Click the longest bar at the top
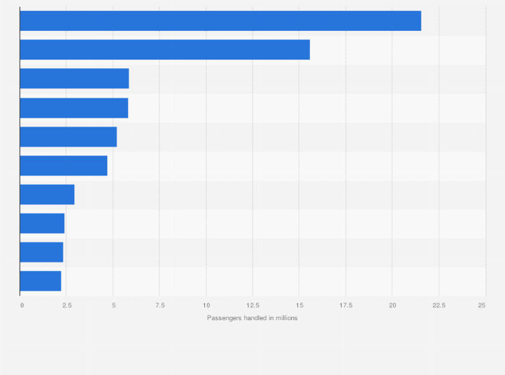(x=220, y=21)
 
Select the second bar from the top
(x=165, y=50)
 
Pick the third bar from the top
(x=74, y=78)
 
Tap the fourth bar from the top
(x=74, y=108)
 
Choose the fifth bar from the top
(x=68, y=137)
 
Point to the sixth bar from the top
(x=64, y=165)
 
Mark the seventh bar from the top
(x=47, y=194)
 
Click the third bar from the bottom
(x=42, y=223)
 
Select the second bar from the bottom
(x=42, y=252)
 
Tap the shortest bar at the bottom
(x=40, y=281)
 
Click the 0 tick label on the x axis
(x=22, y=305)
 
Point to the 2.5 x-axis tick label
(x=68, y=305)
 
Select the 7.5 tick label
(x=159, y=305)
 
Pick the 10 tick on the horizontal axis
(x=206, y=305)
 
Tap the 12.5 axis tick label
(x=252, y=305)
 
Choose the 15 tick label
(x=299, y=305)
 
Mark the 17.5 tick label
(x=346, y=305)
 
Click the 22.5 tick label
(x=439, y=305)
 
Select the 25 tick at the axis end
(x=482, y=305)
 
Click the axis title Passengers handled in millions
(x=252, y=318)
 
